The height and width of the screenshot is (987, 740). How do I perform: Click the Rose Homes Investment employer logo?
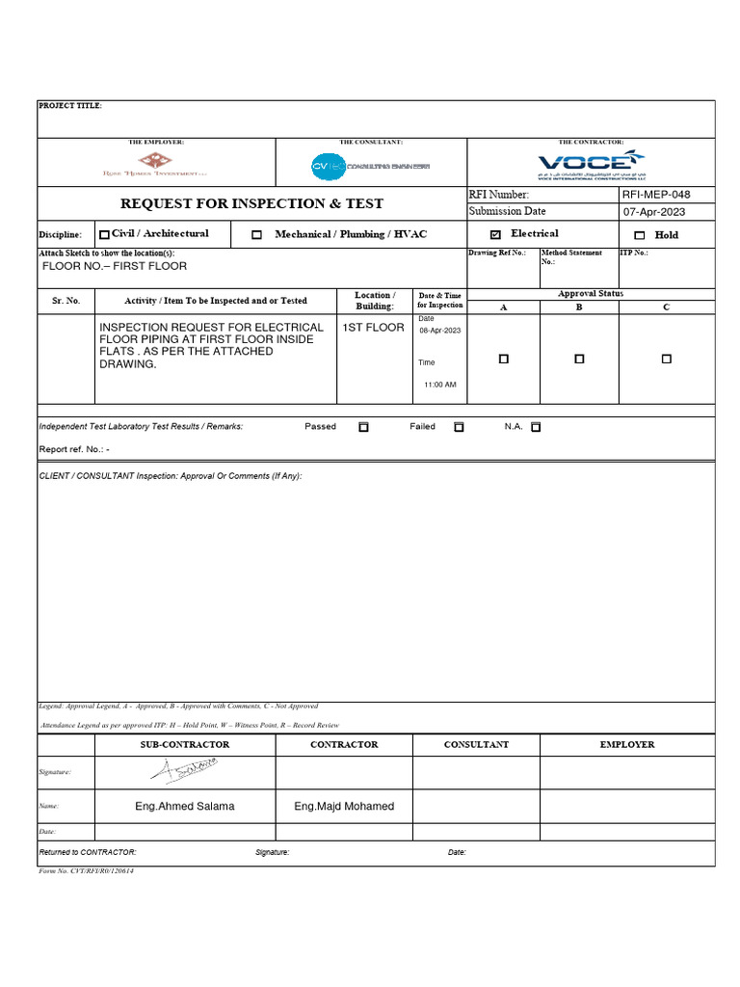click(x=155, y=165)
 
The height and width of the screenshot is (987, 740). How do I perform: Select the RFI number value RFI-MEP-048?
click(x=656, y=195)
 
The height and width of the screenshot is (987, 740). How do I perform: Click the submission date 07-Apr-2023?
click(x=655, y=212)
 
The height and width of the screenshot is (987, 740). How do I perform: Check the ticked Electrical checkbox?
click(x=495, y=234)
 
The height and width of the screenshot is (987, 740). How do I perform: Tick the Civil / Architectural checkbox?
click(x=104, y=234)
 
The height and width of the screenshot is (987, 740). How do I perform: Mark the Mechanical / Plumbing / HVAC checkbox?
click(x=256, y=234)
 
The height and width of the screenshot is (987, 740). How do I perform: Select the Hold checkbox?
click(x=640, y=235)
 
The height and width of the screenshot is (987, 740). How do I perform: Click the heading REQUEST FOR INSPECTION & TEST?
click(x=251, y=203)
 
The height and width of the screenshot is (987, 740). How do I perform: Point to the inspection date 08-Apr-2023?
click(x=439, y=331)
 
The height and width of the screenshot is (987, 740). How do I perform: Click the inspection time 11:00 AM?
click(x=440, y=385)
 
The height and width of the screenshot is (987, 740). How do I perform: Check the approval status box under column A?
click(x=503, y=359)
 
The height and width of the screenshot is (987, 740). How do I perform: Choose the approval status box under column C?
click(x=666, y=359)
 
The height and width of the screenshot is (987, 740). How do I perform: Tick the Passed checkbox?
click(x=363, y=426)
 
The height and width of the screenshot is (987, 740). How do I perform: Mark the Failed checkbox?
click(x=459, y=426)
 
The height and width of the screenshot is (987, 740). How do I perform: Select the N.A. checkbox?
click(x=536, y=426)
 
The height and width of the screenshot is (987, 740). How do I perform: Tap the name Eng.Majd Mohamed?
click(x=344, y=806)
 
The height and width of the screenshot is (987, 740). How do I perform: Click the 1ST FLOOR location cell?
click(x=374, y=328)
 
